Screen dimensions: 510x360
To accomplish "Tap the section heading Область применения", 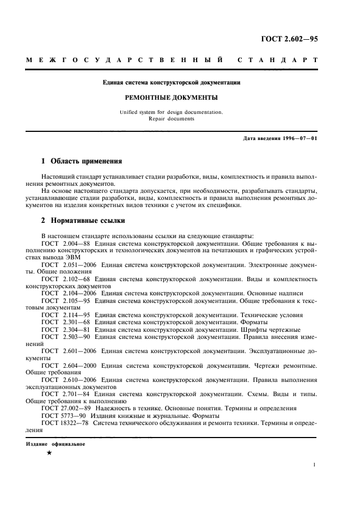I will pos(86,161).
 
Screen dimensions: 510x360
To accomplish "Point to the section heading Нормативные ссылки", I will pos(88,221).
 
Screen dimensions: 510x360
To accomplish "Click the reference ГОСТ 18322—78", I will pos(65,422).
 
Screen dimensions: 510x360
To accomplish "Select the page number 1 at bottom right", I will pos(315,465).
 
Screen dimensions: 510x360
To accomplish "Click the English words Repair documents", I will pos(172,118).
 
